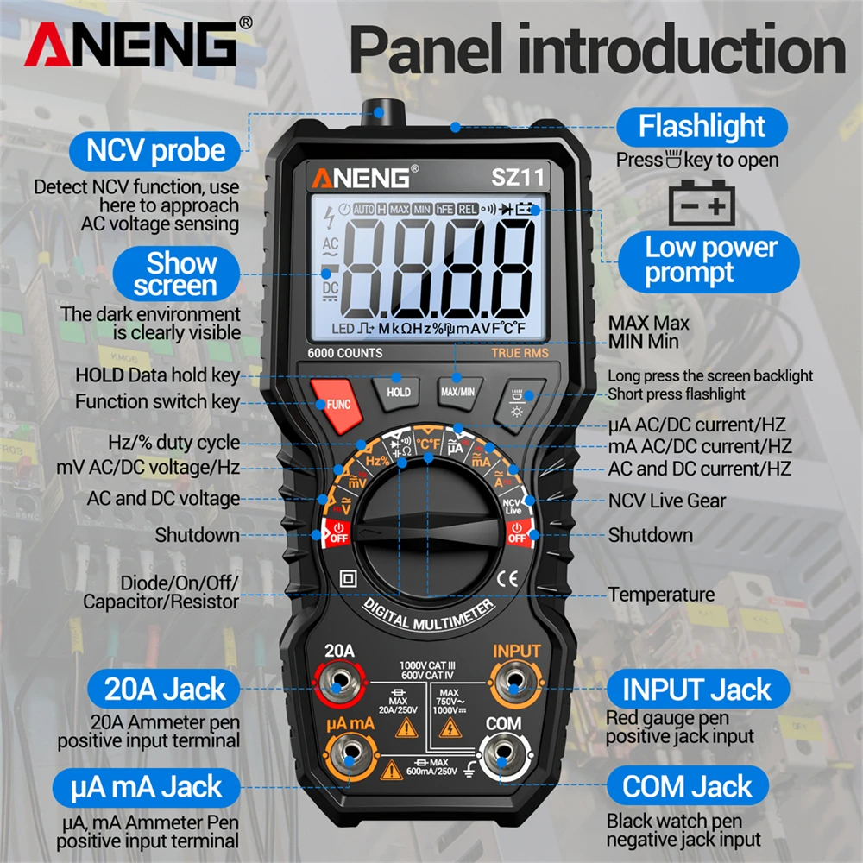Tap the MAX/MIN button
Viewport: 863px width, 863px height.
[457, 391]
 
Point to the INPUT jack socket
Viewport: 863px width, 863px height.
[514, 686]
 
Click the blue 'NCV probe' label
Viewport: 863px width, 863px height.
[155, 150]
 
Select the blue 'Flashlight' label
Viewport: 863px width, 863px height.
[702, 127]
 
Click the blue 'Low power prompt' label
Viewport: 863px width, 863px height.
[711, 261]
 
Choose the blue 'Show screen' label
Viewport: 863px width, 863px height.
[181, 274]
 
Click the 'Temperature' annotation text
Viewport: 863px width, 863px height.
[661, 595]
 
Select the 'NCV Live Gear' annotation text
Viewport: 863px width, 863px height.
[666, 501]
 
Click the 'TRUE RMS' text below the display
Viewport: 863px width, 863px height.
[520, 353]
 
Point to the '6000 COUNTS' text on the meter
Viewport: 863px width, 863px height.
[345, 353]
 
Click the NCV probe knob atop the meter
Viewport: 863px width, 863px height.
[377, 111]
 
